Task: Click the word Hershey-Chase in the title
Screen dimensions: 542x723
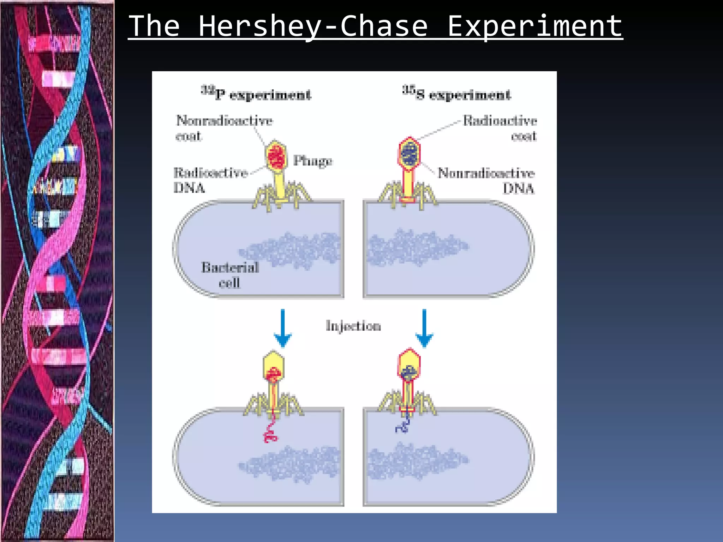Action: [x=313, y=26]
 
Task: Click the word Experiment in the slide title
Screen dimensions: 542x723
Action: [x=534, y=26]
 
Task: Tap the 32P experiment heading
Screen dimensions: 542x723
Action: [x=257, y=94]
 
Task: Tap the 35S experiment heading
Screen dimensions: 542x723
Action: [x=457, y=94]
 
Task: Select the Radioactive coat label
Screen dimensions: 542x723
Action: [x=500, y=128]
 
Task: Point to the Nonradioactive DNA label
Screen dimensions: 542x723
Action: [x=486, y=180]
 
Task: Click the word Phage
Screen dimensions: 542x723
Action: [x=313, y=161]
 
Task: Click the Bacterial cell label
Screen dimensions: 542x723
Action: [x=230, y=275]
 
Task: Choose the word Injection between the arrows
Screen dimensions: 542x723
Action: [x=353, y=326]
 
